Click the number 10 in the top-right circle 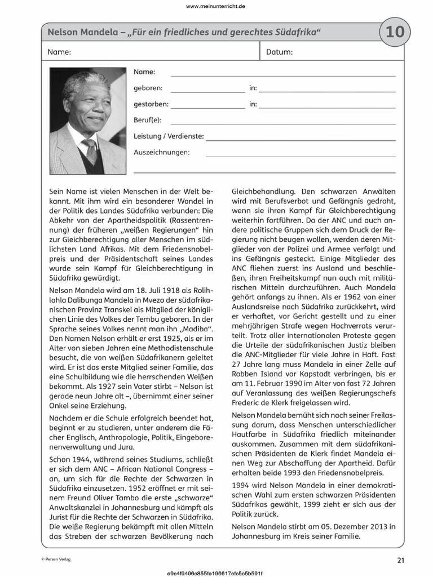pos(395,33)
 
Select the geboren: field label pos(148,88)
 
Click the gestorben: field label pos(151,104)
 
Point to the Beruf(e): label pos(148,120)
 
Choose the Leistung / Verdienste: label pos(169,136)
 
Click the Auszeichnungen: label pos(162,152)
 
